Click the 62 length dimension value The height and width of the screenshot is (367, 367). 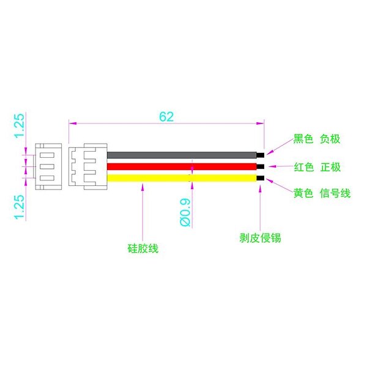point(166,117)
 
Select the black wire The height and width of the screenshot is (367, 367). point(182,155)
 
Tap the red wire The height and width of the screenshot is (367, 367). point(182,166)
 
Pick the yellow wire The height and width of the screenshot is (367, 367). point(182,178)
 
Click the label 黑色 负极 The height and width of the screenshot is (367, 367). point(317,139)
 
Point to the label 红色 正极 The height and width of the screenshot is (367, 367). point(317,167)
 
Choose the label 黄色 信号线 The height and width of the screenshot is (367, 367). point(322,193)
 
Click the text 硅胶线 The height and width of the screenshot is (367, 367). point(143,248)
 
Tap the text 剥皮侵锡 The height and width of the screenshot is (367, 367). point(260,238)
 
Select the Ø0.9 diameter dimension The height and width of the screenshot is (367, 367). point(185,212)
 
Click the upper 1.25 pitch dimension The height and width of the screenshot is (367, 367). point(20,125)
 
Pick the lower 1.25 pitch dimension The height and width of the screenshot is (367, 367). point(20,207)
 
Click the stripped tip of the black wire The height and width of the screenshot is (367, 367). point(261,155)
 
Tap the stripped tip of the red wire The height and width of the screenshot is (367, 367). point(261,166)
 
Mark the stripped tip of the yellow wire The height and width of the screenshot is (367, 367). point(261,178)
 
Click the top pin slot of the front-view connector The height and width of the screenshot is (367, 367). point(47,155)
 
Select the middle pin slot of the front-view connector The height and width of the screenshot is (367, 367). point(47,166)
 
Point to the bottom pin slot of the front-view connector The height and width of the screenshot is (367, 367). point(47,178)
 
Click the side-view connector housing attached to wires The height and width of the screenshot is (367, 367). point(88,166)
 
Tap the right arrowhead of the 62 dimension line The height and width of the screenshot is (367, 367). point(261,124)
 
